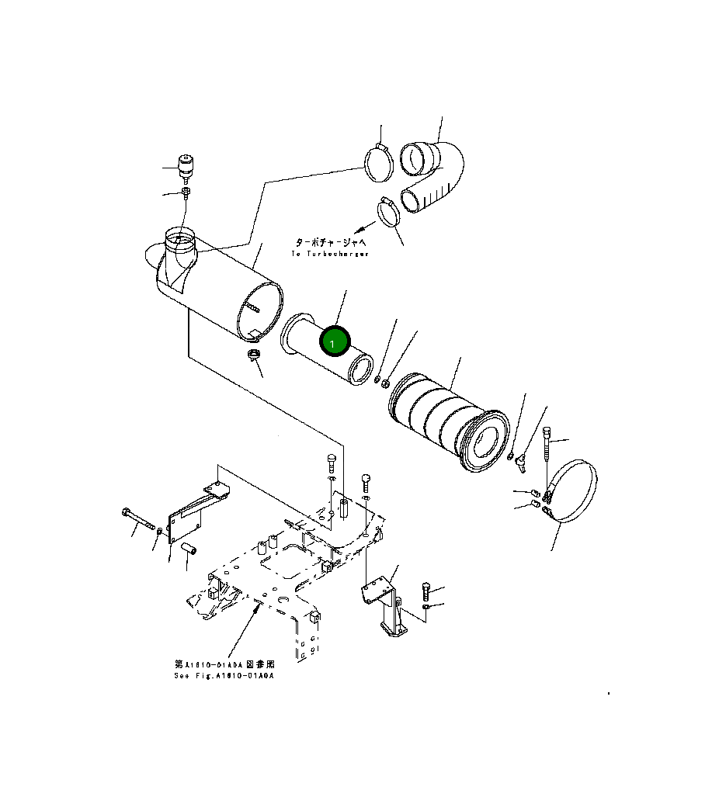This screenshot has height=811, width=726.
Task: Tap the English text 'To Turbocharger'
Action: (x=330, y=254)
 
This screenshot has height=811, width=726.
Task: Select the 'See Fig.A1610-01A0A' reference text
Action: (x=224, y=676)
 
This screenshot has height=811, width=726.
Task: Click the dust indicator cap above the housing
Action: (x=186, y=165)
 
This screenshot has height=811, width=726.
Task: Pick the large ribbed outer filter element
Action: (x=446, y=419)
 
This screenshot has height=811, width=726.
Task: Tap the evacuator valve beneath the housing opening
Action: (x=252, y=357)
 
